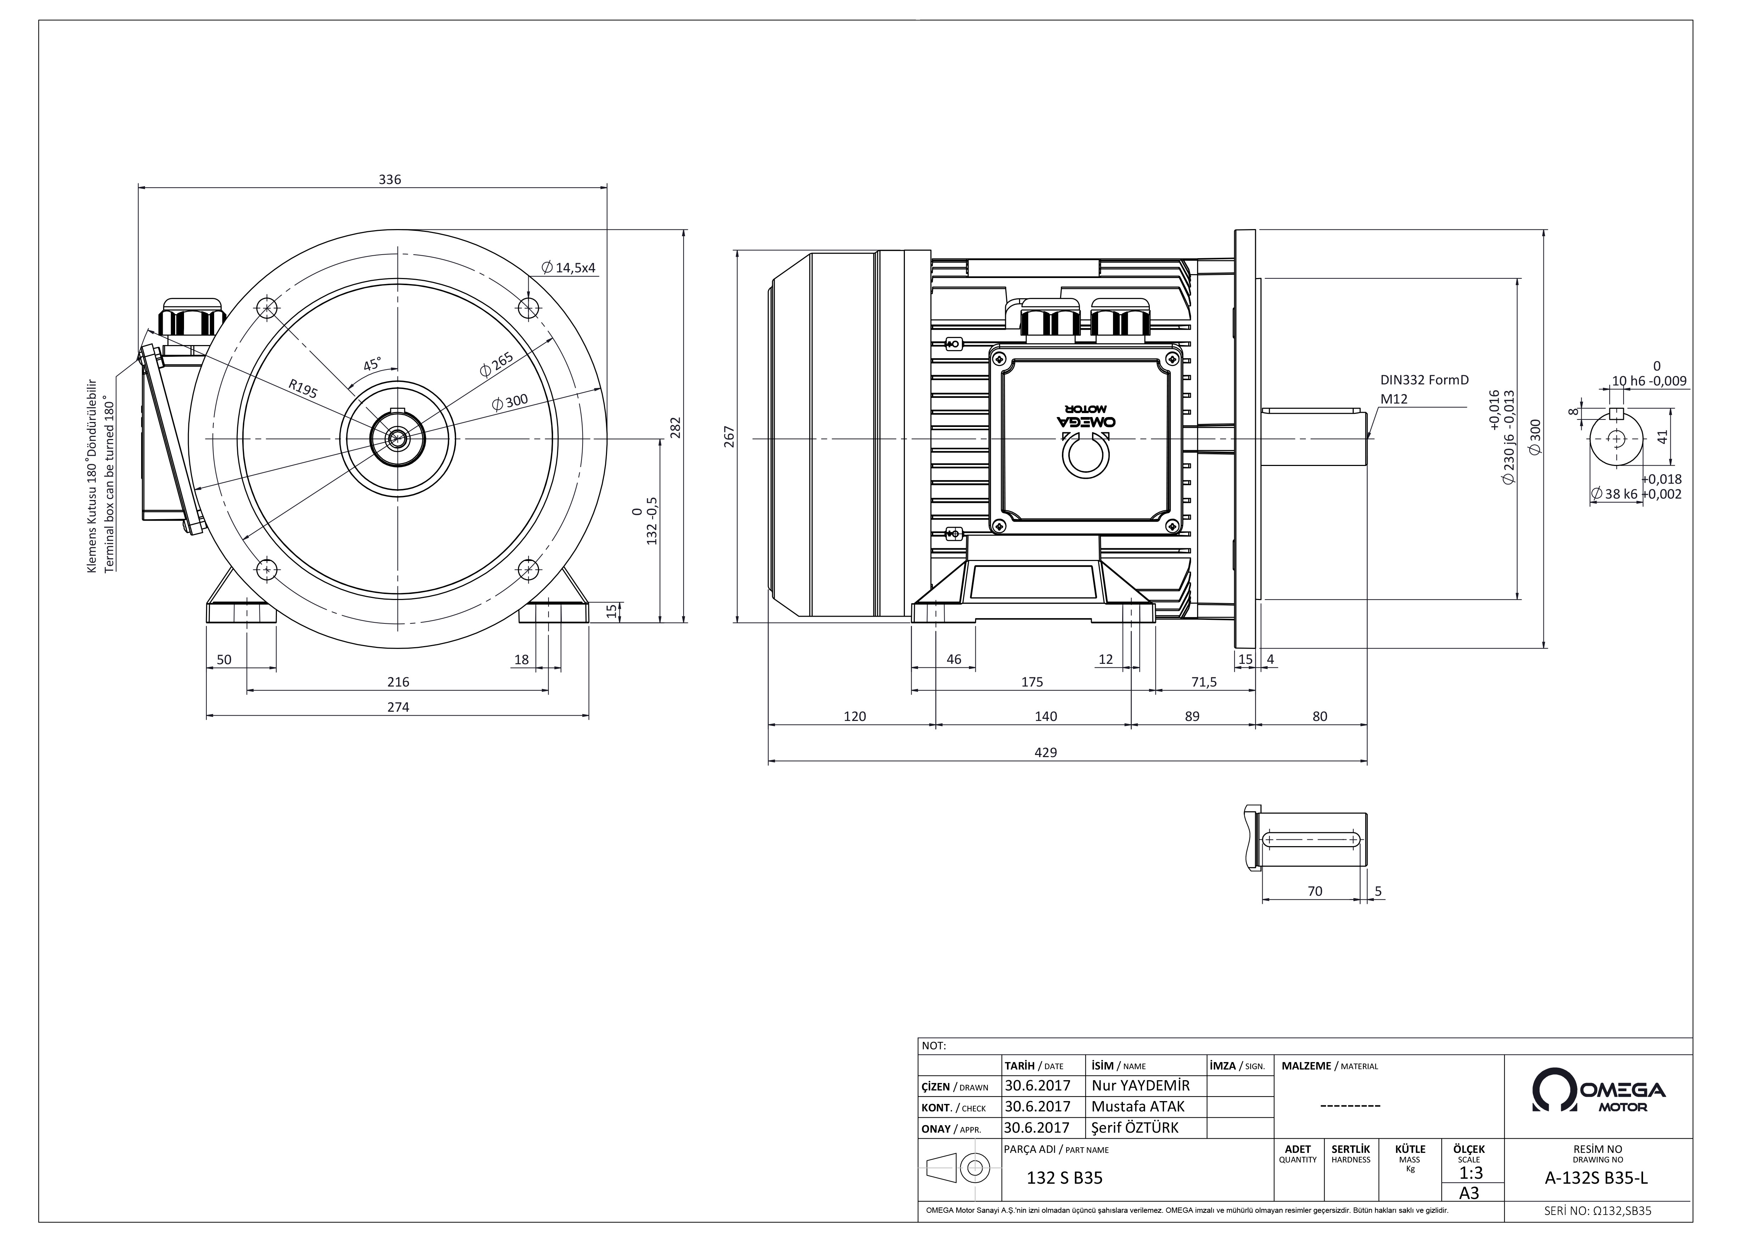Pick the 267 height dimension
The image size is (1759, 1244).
pyautogui.click(x=729, y=437)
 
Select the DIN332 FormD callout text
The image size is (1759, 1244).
pyautogui.click(x=1424, y=380)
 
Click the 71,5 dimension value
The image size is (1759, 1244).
pyautogui.click(x=1203, y=682)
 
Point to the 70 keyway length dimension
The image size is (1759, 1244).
pyautogui.click(x=1315, y=891)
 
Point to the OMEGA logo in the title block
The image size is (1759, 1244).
pyautogui.click(x=1598, y=1090)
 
